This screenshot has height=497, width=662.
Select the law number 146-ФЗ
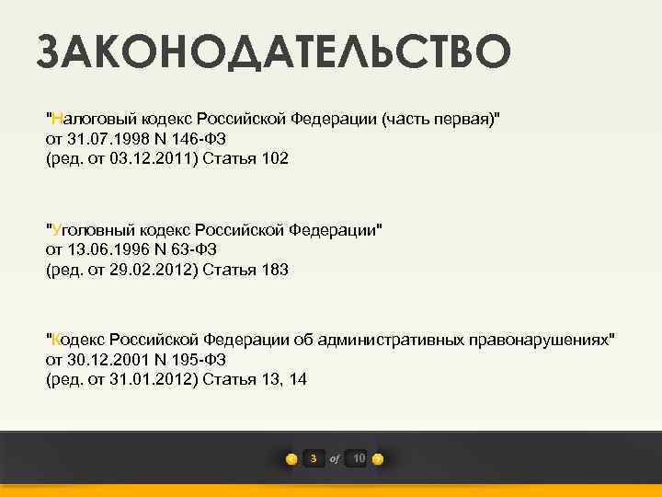pos(206,139)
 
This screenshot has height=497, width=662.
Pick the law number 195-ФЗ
pos(206,360)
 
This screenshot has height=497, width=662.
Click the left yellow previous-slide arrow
pos(291,459)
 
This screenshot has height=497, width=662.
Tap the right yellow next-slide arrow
pos(378,459)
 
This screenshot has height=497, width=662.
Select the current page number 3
pos(314,458)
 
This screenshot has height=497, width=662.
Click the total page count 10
pos(359,458)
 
